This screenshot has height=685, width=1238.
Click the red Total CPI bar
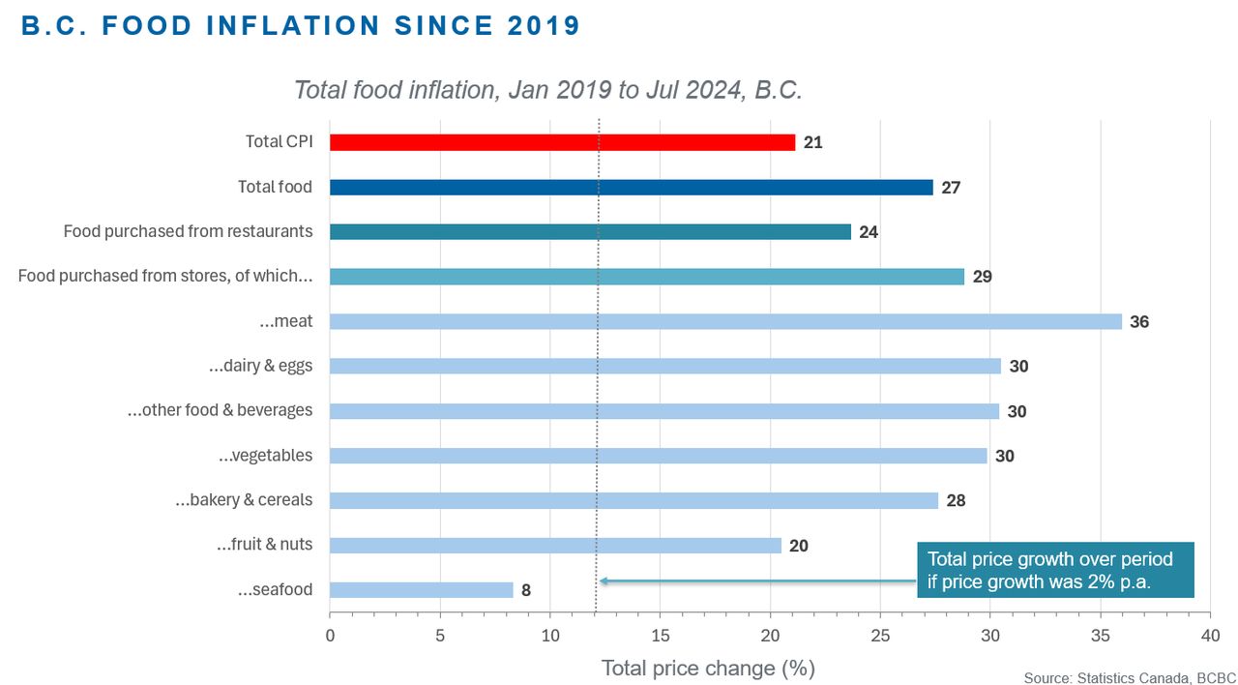562,142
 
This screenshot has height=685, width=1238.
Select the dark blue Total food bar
632,188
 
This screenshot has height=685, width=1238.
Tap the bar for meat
725,321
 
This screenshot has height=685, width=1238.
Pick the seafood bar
421,590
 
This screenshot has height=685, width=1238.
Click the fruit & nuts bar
555,545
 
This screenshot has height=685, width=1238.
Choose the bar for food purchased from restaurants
590,231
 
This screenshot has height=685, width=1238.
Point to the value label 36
1139,322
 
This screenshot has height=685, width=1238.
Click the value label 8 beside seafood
526,590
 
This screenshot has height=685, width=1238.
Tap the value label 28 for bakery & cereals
956,500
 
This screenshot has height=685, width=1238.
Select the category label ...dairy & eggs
260,366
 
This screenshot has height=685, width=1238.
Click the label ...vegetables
265,456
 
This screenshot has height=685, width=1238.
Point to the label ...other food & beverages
220,410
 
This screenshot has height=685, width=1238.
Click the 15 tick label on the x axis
660,636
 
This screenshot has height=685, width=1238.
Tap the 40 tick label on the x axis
1210,636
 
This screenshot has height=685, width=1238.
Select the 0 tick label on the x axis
330,636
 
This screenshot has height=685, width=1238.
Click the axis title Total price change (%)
708,669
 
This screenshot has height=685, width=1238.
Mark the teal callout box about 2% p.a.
1055,570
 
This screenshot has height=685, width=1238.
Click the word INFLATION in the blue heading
293,26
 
